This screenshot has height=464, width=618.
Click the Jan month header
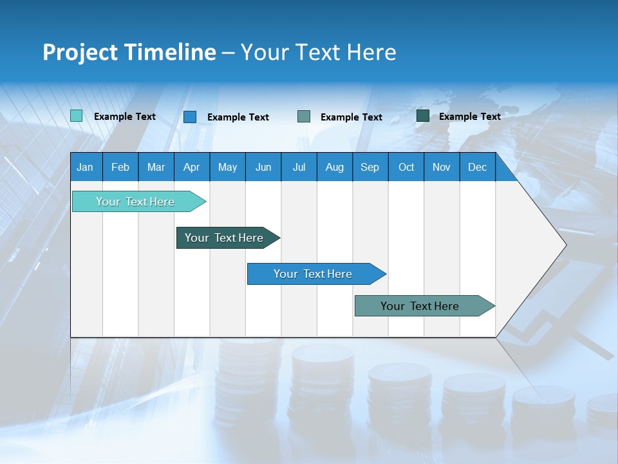point(85,167)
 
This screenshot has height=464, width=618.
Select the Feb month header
point(120,167)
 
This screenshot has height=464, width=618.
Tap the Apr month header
point(191,167)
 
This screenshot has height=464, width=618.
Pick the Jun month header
point(263,167)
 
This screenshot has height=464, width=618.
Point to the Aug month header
point(334,167)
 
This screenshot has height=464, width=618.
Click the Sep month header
point(370,167)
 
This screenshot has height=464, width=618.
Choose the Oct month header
point(406,167)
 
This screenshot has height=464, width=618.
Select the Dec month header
point(477,167)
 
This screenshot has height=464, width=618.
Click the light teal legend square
point(77,116)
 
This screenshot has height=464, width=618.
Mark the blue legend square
point(190,117)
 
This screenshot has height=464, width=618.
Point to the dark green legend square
point(423,116)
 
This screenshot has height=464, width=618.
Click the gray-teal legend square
point(304,117)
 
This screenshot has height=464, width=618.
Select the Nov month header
point(442,167)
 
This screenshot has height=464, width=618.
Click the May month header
point(227,167)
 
